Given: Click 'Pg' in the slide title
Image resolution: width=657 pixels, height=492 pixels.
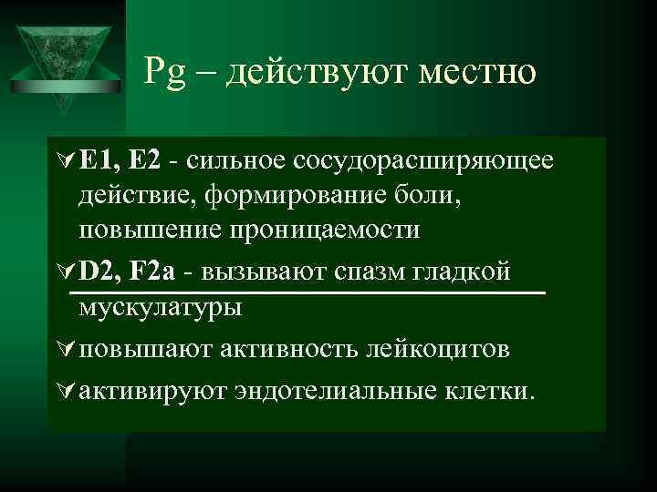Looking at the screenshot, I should pos(163,70).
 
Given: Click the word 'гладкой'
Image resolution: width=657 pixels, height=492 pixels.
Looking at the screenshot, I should pos(469,271).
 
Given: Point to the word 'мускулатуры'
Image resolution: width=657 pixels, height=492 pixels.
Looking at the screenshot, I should pos(161,306).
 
